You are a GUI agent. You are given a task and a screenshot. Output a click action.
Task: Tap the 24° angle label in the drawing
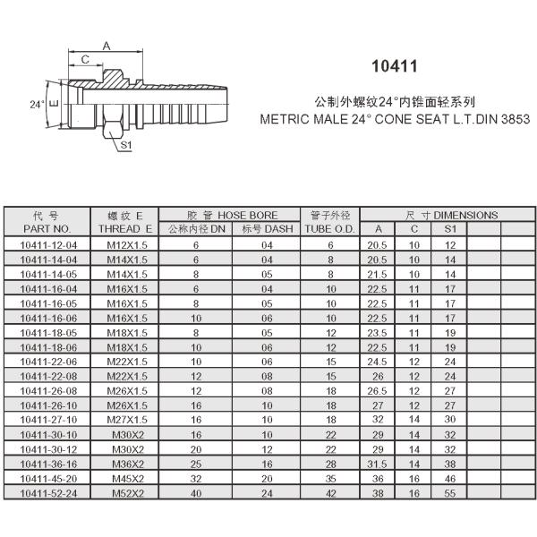tap(36, 104)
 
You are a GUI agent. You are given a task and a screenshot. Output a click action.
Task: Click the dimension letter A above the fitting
tap(107, 44)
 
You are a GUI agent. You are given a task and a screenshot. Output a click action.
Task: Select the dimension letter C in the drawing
tap(85, 59)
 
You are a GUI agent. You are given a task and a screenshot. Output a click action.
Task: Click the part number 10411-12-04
tap(47, 244)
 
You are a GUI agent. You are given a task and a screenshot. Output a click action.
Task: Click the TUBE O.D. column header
tap(330, 229)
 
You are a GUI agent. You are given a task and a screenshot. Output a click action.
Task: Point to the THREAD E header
tap(126, 229)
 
